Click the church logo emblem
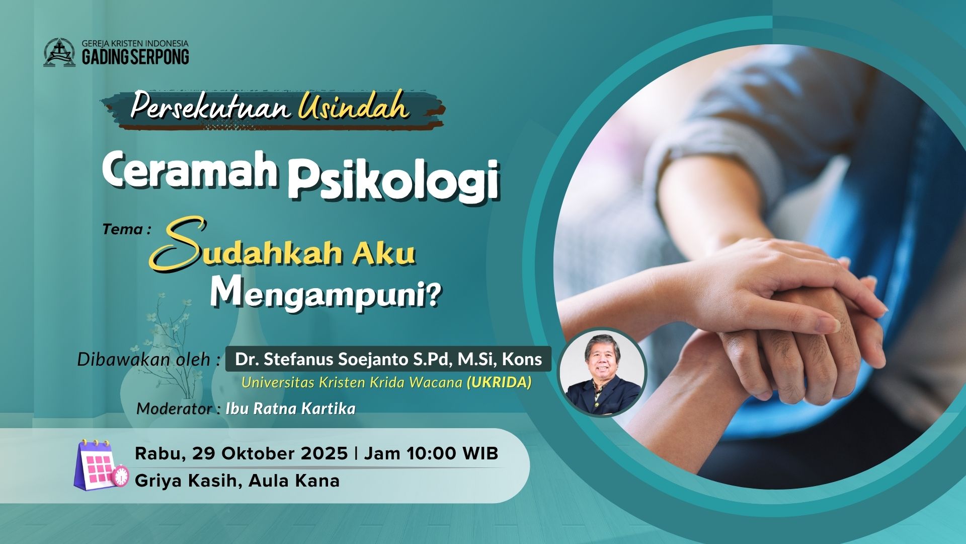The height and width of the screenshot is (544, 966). click(59, 52)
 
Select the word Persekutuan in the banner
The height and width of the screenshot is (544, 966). click(210, 107)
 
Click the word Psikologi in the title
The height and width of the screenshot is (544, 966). click(393, 180)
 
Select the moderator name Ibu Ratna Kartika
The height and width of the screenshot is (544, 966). click(290, 408)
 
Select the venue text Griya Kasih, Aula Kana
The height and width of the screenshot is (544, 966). click(237, 481)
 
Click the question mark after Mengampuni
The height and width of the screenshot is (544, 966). click(432, 295)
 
